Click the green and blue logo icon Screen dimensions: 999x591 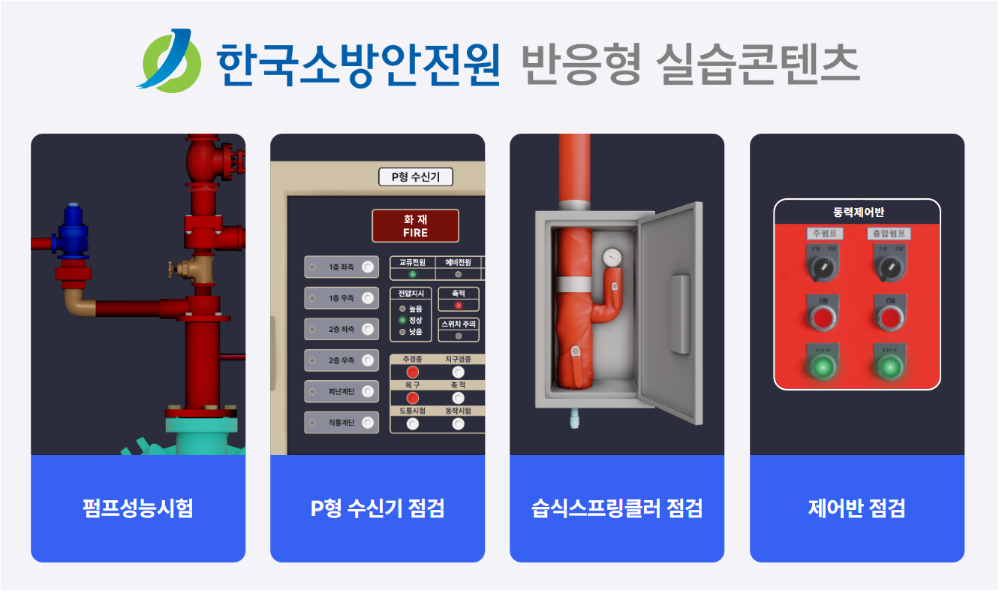click(170, 60)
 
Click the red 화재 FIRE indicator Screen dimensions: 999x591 click(415, 225)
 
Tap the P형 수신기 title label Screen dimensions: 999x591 click(415, 177)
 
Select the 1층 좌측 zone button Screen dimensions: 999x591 click(342, 267)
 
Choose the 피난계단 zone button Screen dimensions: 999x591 click(342, 391)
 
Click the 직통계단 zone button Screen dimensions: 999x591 click(342, 423)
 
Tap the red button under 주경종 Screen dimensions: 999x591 click(413, 372)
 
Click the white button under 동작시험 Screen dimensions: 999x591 click(458, 424)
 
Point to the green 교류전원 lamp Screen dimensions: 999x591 click(412, 274)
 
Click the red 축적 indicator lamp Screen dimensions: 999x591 click(458, 306)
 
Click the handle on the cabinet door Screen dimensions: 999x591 click(679, 314)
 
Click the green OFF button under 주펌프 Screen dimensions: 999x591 click(823, 367)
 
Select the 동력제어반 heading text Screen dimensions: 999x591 click(857, 212)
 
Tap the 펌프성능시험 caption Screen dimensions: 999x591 click(138, 508)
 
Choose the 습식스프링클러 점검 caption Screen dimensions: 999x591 click(617, 508)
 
